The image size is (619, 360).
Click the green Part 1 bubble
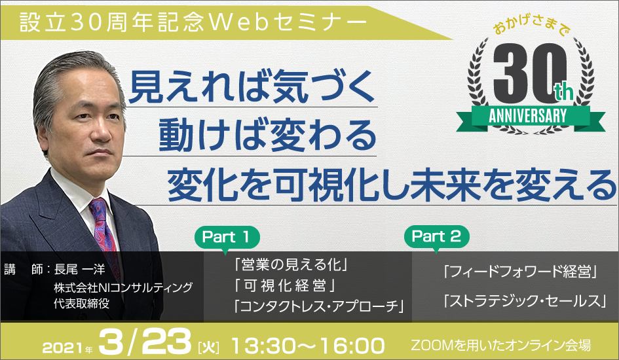tap(227, 238)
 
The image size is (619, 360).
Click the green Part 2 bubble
tap(437, 236)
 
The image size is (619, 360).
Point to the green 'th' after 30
tap(563, 92)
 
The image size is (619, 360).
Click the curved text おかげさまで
tap(532, 26)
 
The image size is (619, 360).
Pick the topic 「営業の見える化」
tap(291, 265)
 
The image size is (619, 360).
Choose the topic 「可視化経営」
tap(285, 285)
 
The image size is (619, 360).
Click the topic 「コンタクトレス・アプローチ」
tap(319, 306)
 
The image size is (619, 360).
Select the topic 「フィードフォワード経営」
tap(520, 271)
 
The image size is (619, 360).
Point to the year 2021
tap(63, 348)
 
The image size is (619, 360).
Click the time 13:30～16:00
tap(307, 346)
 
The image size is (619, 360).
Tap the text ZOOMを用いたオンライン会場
tap(501, 346)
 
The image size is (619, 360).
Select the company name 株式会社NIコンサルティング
tap(123, 287)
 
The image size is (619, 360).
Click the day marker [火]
tap(208, 348)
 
